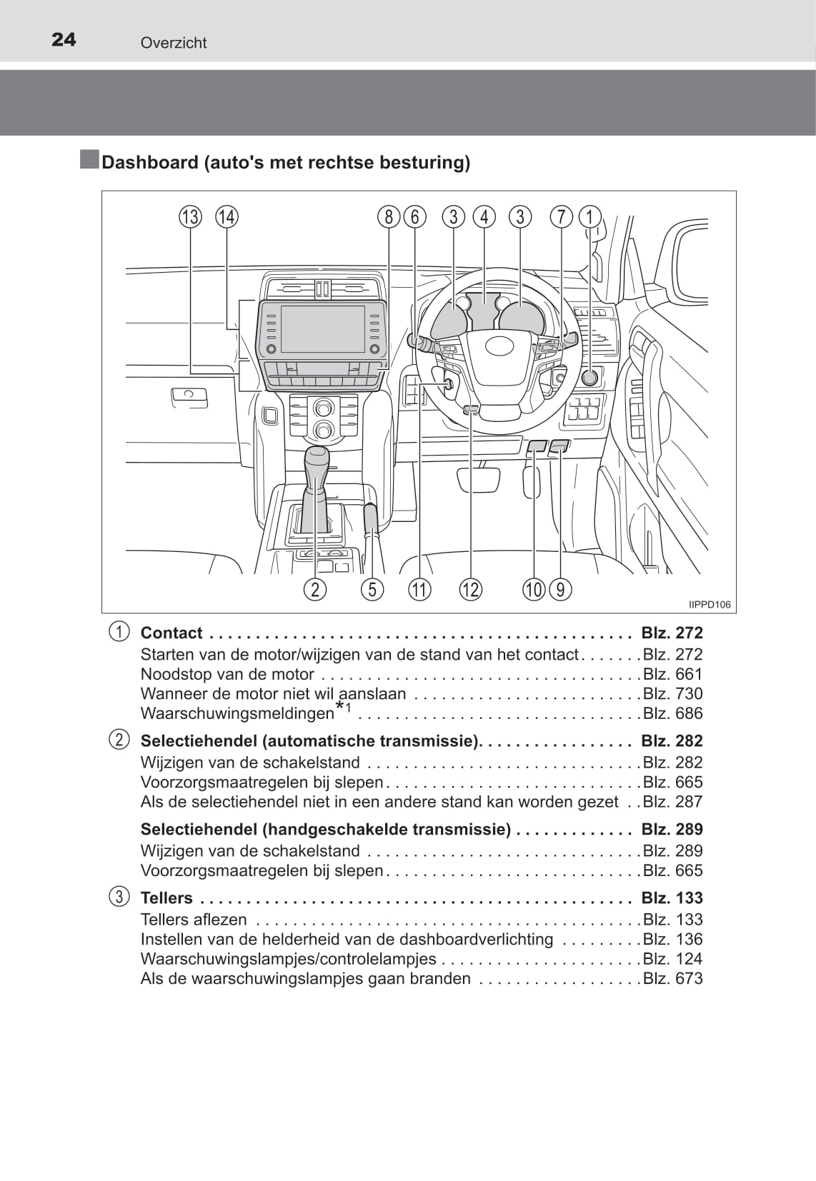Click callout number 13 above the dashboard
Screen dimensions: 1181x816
pos(190,216)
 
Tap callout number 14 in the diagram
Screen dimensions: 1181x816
pos(227,216)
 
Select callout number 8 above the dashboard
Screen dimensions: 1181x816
pos(388,216)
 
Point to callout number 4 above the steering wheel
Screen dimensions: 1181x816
pos(484,216)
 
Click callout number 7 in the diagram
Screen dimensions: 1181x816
pos(562,216)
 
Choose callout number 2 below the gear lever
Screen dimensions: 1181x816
pos(314,589)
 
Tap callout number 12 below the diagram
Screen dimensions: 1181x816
pos(470,589)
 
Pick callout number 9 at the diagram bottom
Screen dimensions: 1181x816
pos(560,589)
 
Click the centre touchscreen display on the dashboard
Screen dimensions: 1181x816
pos(323,329)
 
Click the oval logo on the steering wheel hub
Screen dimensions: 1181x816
pos(499,346)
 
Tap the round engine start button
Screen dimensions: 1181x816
pos(589,378)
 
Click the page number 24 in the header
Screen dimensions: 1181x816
pos(64,39)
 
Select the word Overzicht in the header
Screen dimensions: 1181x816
pos(174,43)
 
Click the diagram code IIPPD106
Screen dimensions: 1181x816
pos(710,605)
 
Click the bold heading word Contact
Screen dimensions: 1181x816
pos(171,633)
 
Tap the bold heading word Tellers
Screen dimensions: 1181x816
pos(166,898)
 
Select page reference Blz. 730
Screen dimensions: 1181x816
pos(672,693)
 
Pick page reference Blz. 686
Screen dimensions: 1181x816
pos(672,713)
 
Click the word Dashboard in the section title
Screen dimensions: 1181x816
pos(150,163)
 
